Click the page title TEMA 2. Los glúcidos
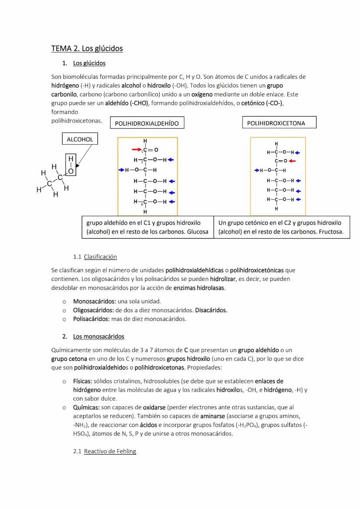(x=87, y=48)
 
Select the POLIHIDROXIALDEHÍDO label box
(x=147, y=123)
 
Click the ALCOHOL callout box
(x=80, y=139)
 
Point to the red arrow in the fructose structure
(x=292, y=161)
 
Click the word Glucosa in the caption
(x=197, y=232)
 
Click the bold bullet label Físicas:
(x=83, y=381)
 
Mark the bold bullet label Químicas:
(x=86, y=407)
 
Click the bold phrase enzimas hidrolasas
(x=199, y=288)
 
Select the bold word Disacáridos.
(x=211, y=310)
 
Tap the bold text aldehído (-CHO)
(x=127, y=103)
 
